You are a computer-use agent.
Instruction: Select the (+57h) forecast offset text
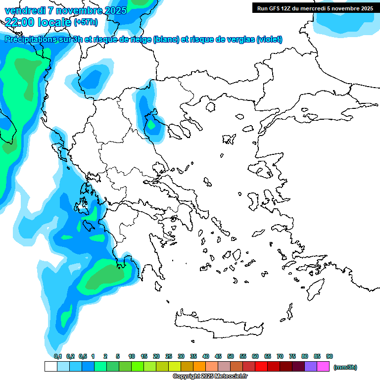click(x=86, y=22)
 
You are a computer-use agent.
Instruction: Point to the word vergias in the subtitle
click(x=237, y=40)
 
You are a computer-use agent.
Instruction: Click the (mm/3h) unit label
click(x=345, y=367)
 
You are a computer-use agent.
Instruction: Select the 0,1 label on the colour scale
click(x=58, y=356)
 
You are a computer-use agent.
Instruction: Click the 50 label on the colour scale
click(x=231, y=356)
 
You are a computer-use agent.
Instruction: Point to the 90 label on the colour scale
click(x=330, y=356)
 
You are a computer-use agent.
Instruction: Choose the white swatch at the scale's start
click(x=50, y=367)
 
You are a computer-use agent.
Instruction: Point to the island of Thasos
click(x=210, y=107)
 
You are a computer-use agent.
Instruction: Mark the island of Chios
click(x=256, y=202)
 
